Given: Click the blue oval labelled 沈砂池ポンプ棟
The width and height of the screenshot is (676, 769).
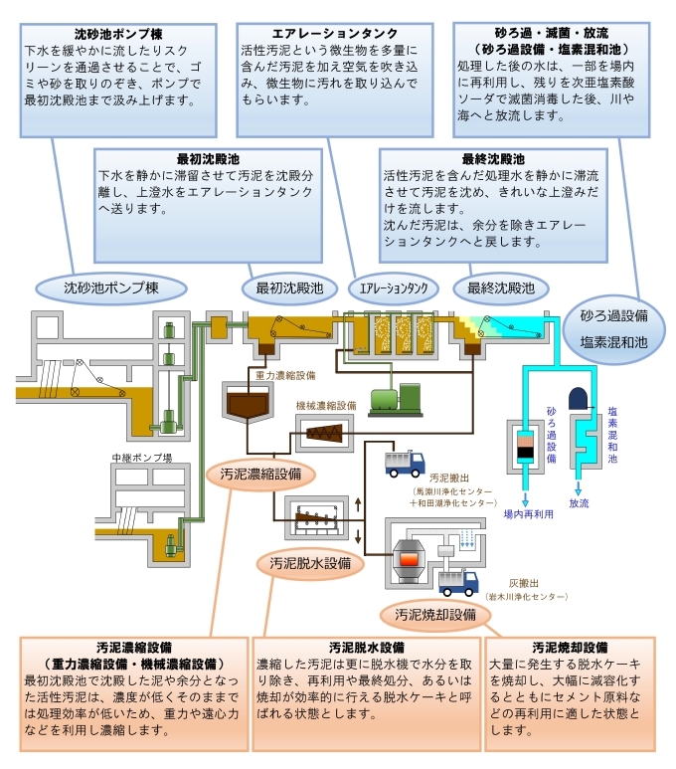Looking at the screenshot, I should coord(111,288).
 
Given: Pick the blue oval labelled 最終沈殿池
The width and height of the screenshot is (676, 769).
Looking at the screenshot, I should coord(494,288).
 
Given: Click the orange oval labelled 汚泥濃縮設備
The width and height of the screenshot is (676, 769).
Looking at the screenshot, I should coord(254,474).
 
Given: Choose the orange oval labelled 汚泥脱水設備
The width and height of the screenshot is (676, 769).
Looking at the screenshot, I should coord(310,563).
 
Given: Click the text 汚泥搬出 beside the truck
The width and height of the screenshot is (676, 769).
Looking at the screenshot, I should coord(446,478).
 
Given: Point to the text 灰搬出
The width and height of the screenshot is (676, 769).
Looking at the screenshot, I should coord(525,583).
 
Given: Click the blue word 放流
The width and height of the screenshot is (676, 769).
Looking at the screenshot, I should coord(580,503).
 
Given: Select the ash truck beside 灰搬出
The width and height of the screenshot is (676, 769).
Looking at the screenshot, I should coord(459,582).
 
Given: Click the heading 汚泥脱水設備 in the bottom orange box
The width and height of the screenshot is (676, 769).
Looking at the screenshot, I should coord(366,648).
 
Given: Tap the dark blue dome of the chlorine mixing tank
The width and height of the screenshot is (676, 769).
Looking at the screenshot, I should coord(581,397).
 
